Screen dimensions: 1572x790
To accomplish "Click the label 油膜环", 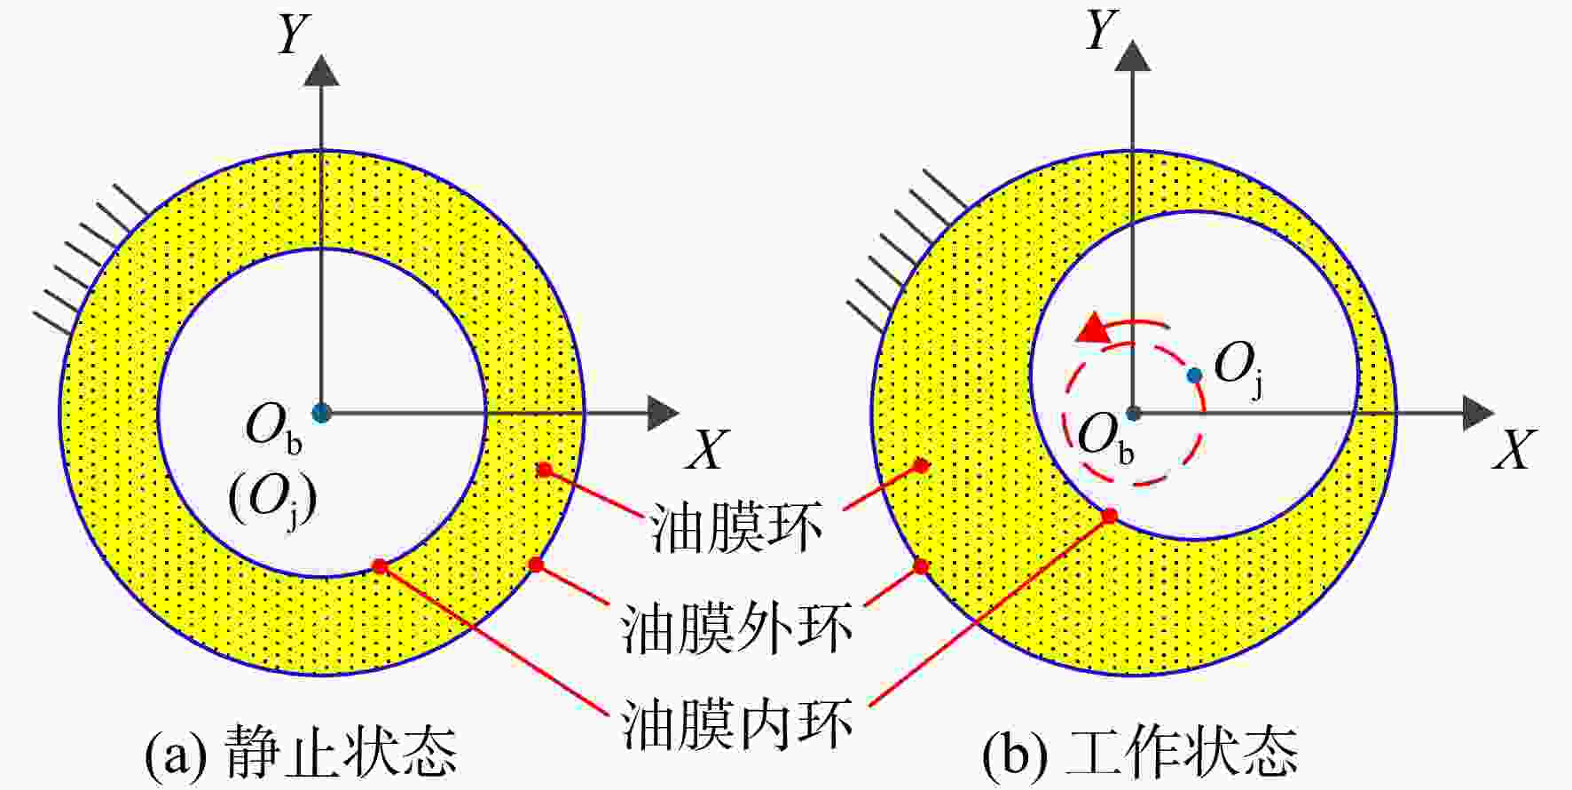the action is (x=737, y=527).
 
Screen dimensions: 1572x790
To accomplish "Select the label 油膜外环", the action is (x=737, y=628).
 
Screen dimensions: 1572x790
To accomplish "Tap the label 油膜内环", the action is (x=737, y=724).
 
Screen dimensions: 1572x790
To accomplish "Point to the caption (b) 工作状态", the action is (x=1140, y=752).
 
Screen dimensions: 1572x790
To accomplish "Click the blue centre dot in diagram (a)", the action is (x=321, y=413).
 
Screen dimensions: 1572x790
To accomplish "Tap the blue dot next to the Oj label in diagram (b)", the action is (x=1194, y=375).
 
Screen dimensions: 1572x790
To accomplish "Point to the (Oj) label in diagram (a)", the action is (x=272, y=502).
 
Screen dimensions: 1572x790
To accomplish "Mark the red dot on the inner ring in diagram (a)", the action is (x=380, y=565).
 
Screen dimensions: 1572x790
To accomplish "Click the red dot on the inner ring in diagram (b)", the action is (x=1109, y=515).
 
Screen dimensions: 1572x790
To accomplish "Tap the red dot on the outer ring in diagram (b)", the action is (x=921, y=565).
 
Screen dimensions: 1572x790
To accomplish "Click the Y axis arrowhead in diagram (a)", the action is (x=321, y=70).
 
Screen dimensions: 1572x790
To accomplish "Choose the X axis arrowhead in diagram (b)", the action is (x=1480, y=413).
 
